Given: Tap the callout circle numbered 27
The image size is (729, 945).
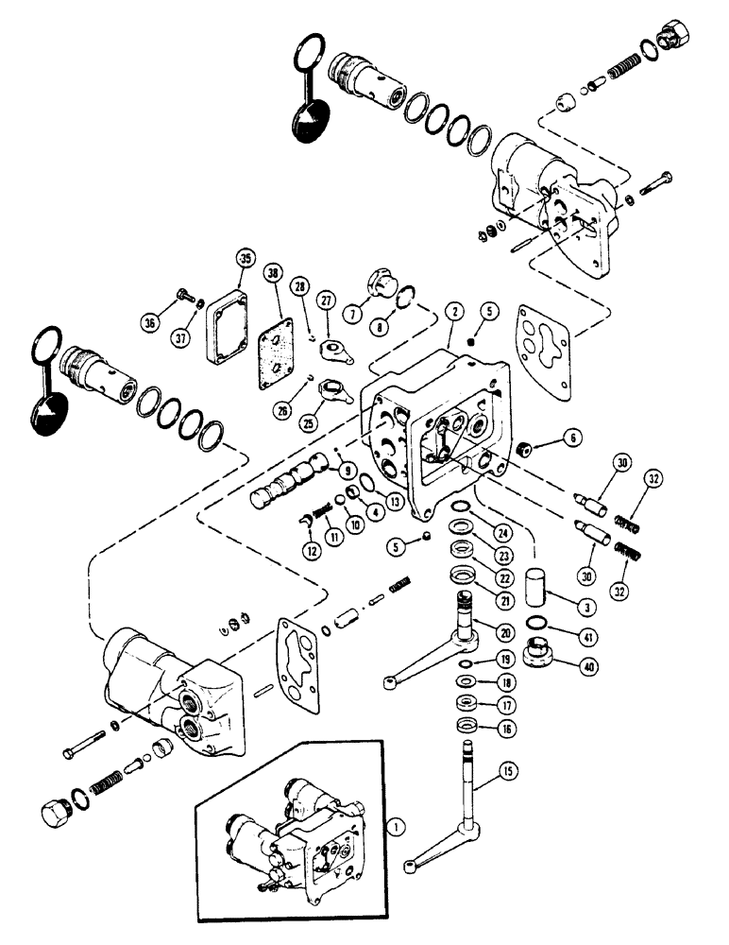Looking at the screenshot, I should pyautogui.click(x=327, y=301).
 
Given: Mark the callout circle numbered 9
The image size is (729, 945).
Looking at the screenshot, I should pyautogui.click(x=348, y=468).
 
